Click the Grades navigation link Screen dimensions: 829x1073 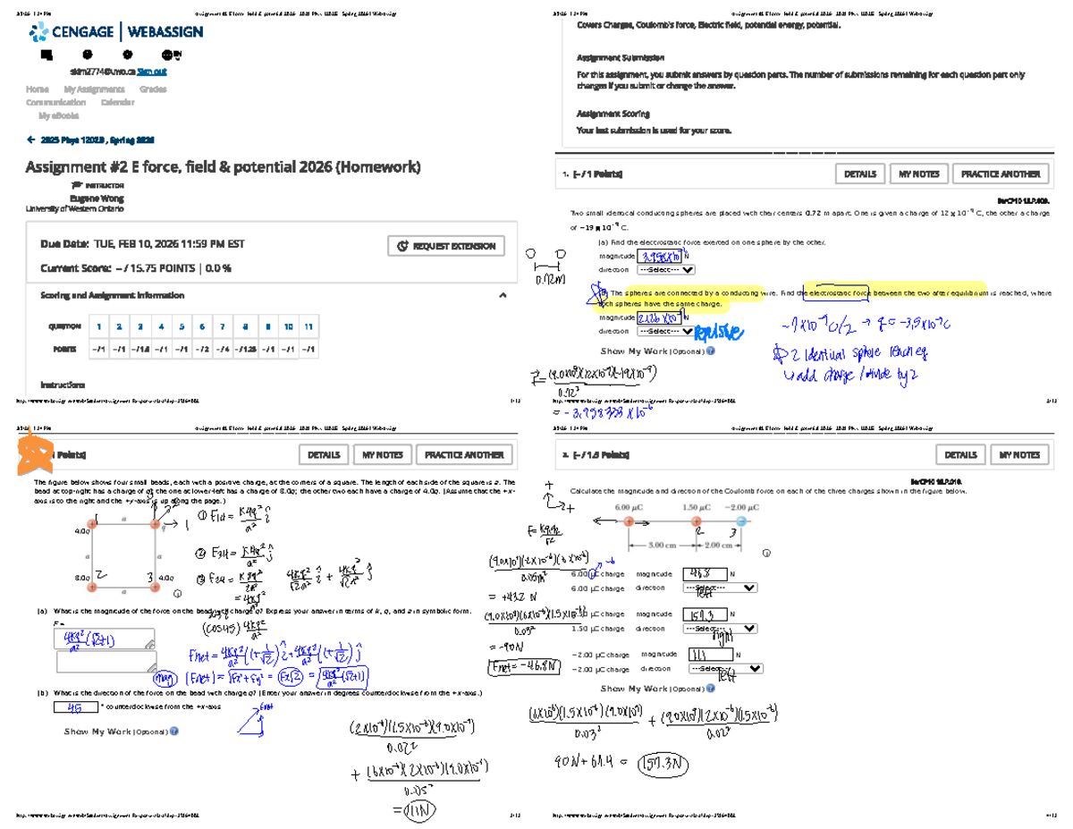point(153,89)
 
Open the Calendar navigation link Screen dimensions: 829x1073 point(117,103)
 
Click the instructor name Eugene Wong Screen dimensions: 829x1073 point(97,198)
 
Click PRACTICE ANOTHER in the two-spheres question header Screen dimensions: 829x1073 point(1001,174)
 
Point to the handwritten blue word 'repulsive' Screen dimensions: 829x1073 point(718,333)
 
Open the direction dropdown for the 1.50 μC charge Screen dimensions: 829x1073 point(722,629)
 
